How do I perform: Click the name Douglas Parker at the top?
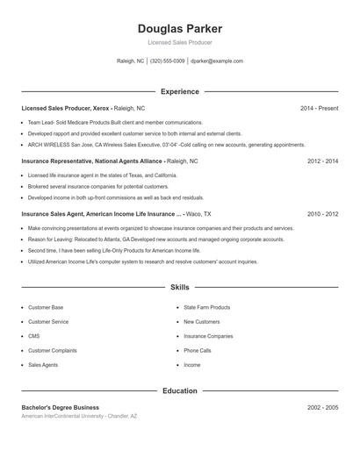[179, 29]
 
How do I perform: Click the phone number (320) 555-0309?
[167, 61]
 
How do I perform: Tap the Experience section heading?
[179, 91]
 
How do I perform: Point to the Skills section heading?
[179, 287]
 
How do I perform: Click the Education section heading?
[179, 390]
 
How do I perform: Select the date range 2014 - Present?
[319, 108]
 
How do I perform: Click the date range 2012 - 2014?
[322, 161]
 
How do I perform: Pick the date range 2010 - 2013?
[322, 213]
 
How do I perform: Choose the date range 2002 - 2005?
[322, 407]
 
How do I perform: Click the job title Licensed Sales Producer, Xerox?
[67, 108]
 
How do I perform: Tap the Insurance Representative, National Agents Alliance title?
[92, 161]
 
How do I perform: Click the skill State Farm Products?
[207, 308]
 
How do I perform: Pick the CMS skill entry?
[34, 336]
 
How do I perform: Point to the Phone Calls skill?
[198, 350]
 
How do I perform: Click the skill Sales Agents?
[43, 364]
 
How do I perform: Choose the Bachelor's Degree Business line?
[61, 407]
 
